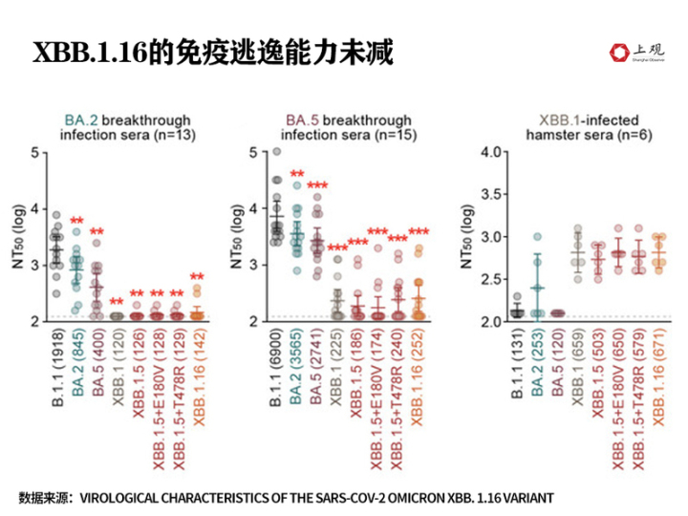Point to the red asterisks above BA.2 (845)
77,222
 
